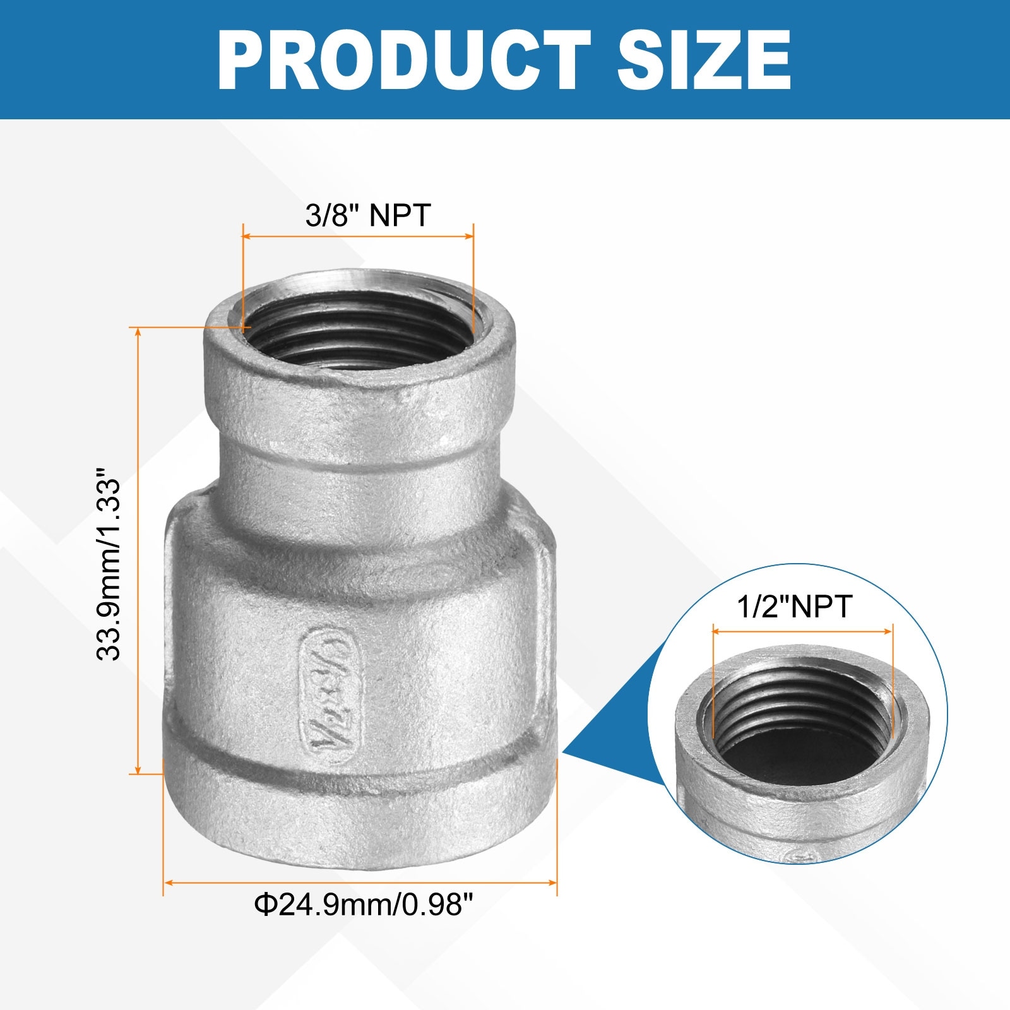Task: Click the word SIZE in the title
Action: point(704,60)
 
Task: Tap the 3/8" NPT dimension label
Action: point(368,215)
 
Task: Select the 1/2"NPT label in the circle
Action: point(795,607)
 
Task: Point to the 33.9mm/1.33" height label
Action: point(108,564)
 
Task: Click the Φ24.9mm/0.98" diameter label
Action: point(364,905)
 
